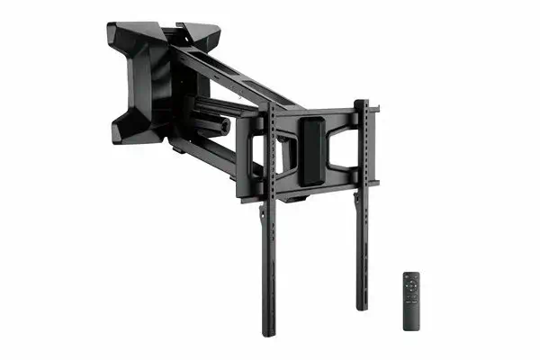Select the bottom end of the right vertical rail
click(361, 306)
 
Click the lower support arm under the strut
click(216, 153)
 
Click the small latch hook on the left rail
click(262, 211)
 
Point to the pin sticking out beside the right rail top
click(373, 111)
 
